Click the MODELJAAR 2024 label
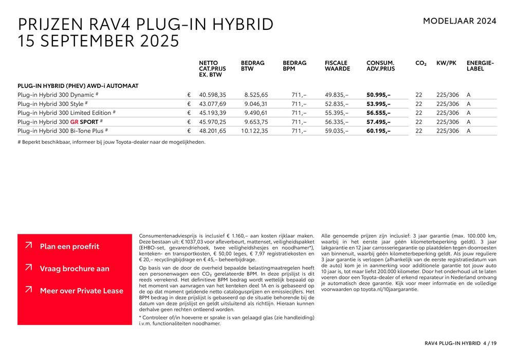tap(460, 21)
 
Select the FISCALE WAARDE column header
tap(337, 66)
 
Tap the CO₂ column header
tap(421, 63)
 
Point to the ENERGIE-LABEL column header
tap(480, 66)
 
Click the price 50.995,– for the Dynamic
tap(378, 95)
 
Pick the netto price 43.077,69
tap(212, 104)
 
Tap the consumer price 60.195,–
tap(378, 131)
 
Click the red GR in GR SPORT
tap(75, 122)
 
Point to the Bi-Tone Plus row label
tap(62, 131)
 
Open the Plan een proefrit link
tap(69, 246)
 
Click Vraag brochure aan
tap(75, 268)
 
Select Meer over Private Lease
tap(82, 291)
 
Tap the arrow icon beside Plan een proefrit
tap(28, 246)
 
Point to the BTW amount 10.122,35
tap(255, 131)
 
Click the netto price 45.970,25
tap(212, 122)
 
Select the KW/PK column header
tap(446, 63)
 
